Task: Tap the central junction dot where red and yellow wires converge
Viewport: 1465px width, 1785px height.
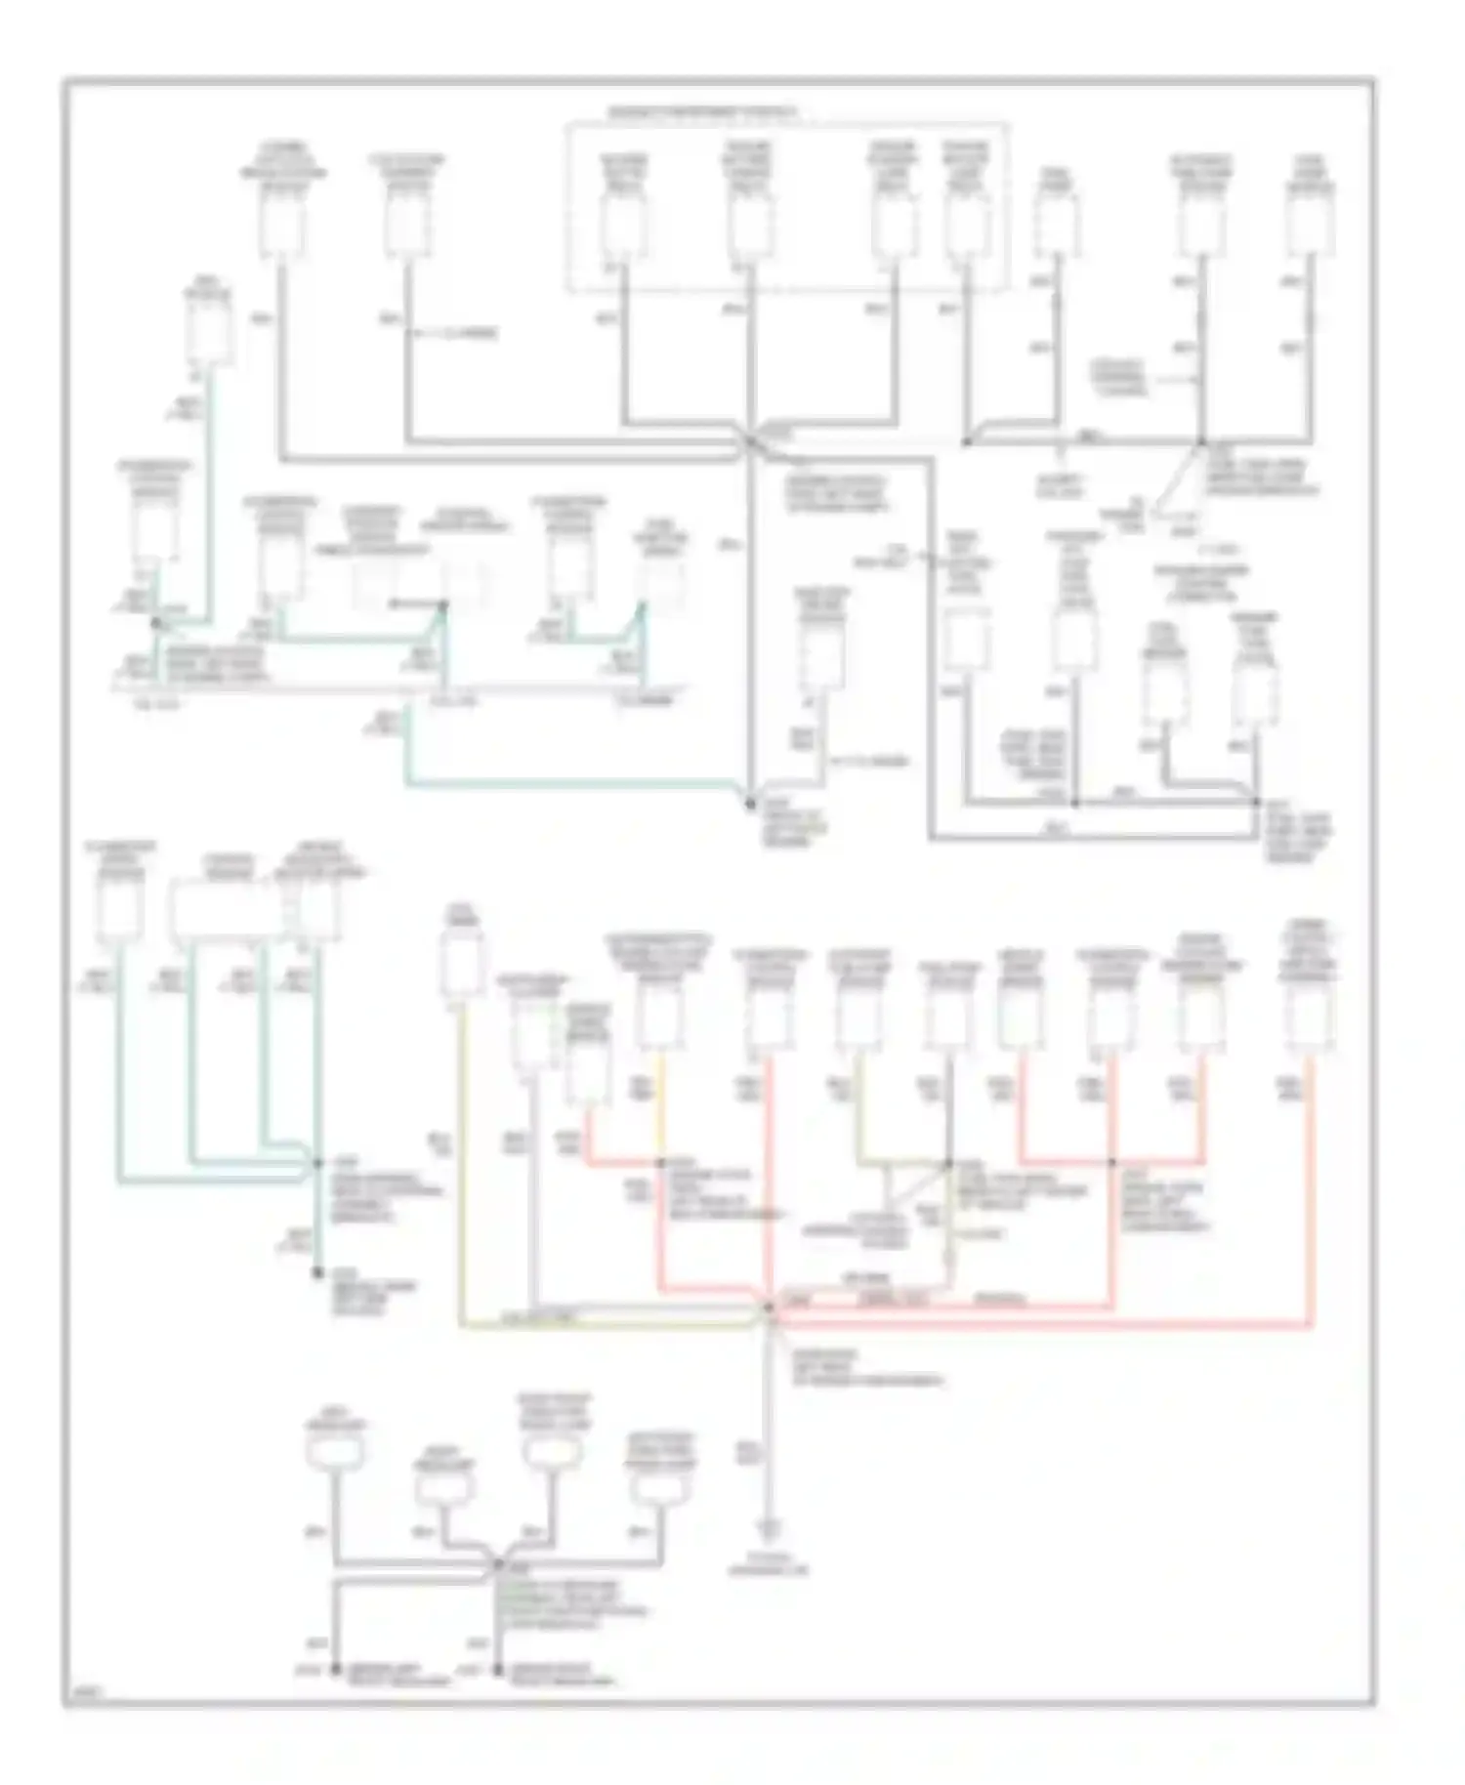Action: click(x=770, y=1307)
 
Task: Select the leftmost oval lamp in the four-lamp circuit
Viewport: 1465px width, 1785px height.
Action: click(x=335, y=1452)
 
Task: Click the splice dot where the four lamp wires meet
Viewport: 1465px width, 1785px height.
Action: click(x=496, y=1564)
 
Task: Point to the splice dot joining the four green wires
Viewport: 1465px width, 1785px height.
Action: click(x=316, y=1163)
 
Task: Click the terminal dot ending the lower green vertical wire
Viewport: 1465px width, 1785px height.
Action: click(x=316, y=1272)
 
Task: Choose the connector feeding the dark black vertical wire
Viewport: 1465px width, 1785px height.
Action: click(x=948, y=1017)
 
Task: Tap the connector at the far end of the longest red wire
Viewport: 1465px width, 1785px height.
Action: click(x=1311, y=1016)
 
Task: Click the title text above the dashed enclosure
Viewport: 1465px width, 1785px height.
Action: click(x=701, y=113)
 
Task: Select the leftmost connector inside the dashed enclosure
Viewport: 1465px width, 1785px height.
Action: click(x=623, y=223)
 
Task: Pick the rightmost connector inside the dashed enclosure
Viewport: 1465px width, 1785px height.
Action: click(x=966, y=223)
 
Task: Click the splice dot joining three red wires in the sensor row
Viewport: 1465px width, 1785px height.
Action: click(x=1111, y=1162)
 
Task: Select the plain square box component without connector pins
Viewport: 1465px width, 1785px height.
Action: click(x=966, y=640)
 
